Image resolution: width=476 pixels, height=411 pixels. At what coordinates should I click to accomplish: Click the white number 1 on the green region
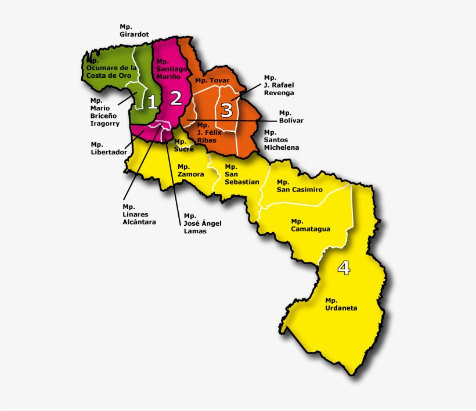pyautogui.click(x=152, y=102)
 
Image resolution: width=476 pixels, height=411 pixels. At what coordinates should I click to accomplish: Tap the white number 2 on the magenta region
pyautogui.click(x=176, y=98)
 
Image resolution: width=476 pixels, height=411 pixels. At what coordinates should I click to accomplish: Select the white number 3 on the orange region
pyautogui.click(x=227, y=109)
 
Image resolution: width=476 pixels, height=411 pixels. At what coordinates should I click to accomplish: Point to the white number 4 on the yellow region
pyautogui.click(x=344, y=268)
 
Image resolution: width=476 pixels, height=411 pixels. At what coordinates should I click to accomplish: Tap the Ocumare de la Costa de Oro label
pyautogui.click(x=111, y=68)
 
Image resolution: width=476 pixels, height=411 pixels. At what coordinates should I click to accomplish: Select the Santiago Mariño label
pyautogui.click(x=172, y=69)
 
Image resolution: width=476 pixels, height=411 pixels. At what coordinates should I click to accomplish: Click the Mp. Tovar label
pyautogui.click(x=212, y=80)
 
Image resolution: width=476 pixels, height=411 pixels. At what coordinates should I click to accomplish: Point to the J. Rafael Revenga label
pyautogui.click(x=279, y=85)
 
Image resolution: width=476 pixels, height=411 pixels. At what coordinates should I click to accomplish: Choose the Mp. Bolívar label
pyautogui.click(x=291, y=117)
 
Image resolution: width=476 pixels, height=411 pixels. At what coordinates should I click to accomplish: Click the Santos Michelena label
pyautogui.click(x=282, y=140)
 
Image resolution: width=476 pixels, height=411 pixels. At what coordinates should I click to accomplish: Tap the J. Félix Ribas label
pyautogui.click(x=207, y=132)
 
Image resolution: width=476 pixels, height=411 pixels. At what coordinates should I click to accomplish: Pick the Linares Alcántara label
pyautogui.click(x=139, y=214)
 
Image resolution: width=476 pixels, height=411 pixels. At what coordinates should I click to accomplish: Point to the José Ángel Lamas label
pyautogui.click(x=203, y=223)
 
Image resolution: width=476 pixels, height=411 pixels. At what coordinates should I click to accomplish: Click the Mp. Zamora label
pyautogui.click(x=191, y=171)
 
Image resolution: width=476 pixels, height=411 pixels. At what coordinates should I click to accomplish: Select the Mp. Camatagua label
pyautogui.click(x=311, y=225)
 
